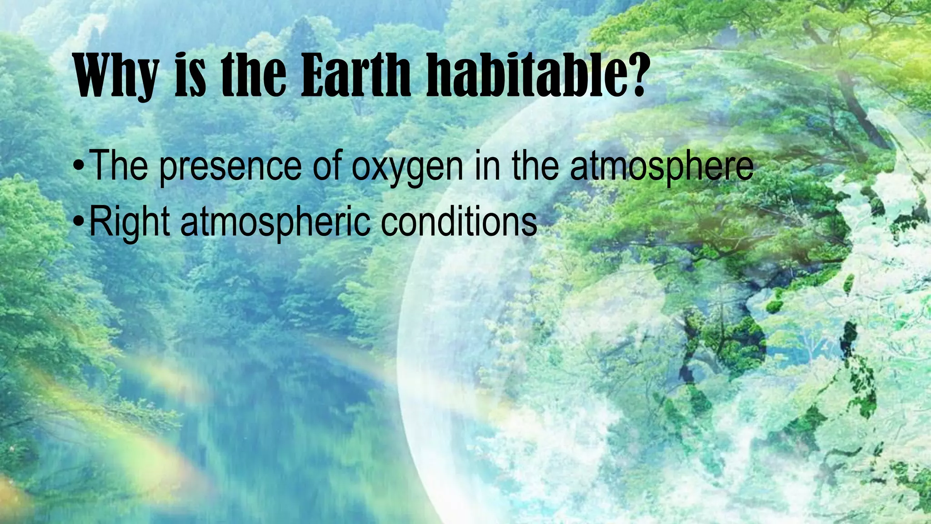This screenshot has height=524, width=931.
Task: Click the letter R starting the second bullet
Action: [x=99, y=222]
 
